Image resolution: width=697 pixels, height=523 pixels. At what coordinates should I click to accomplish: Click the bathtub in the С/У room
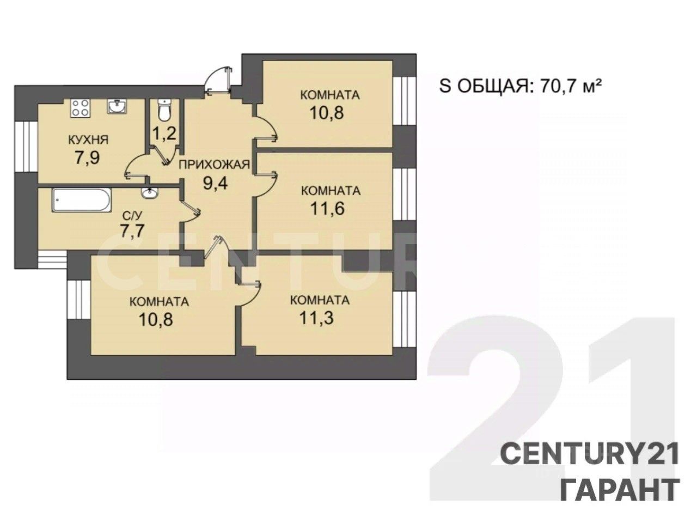pos(82,200)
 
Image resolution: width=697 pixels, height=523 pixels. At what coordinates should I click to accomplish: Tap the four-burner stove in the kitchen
pos(80,108)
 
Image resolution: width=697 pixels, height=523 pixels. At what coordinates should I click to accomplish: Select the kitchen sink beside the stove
pos(117,106)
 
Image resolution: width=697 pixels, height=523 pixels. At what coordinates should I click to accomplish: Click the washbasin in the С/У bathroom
pos(149,193)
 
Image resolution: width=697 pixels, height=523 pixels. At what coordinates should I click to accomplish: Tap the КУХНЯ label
pos(89,140)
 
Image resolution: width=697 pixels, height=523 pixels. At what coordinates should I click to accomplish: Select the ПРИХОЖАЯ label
pos(215,165)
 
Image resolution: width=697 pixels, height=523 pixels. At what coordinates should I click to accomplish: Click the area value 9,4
pos(216,183)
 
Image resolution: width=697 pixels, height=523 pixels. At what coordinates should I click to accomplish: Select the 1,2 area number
pos(164,133)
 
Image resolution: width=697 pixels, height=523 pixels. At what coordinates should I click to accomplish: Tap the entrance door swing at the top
pos(218,80)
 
